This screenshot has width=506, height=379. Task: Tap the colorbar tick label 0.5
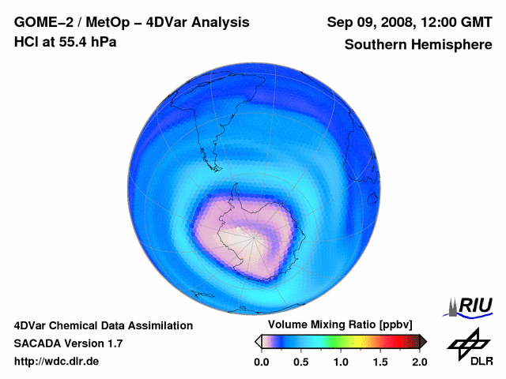pos(300,362)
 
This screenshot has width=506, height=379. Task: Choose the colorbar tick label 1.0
pos(340,362)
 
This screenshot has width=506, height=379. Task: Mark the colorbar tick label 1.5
pos(379,362)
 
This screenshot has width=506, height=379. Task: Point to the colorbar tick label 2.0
pos(419,362)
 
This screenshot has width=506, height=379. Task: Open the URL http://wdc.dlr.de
pos(57,362)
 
